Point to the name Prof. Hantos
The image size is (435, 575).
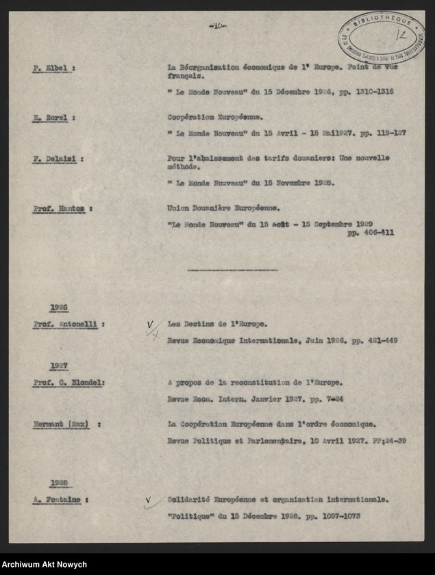click(60, 207)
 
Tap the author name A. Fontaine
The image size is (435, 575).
click(57, 500)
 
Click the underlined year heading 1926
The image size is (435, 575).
click(59, 308)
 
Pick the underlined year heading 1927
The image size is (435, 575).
click(59, 366)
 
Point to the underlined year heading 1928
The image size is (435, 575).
click(59, 483)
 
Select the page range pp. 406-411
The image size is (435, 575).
click(371, 233)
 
